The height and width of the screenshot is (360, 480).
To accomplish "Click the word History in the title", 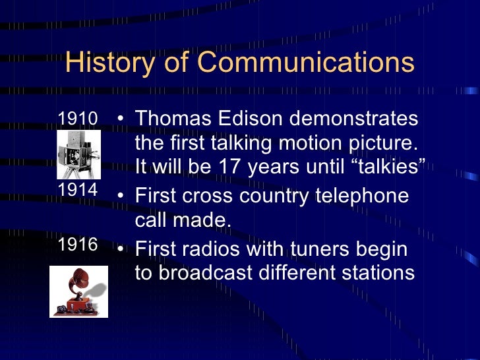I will tap(112, 63).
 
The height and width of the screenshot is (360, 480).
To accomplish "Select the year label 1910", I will tap(78, 119).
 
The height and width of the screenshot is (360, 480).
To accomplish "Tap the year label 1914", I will tap(78, 191).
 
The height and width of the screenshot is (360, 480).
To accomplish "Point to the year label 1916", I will tap(78, 245).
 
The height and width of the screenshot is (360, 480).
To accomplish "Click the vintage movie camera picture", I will tap(78, 154).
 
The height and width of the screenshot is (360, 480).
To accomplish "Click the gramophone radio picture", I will tap(78, 291).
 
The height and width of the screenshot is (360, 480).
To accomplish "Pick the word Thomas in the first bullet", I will tap(169, 119).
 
